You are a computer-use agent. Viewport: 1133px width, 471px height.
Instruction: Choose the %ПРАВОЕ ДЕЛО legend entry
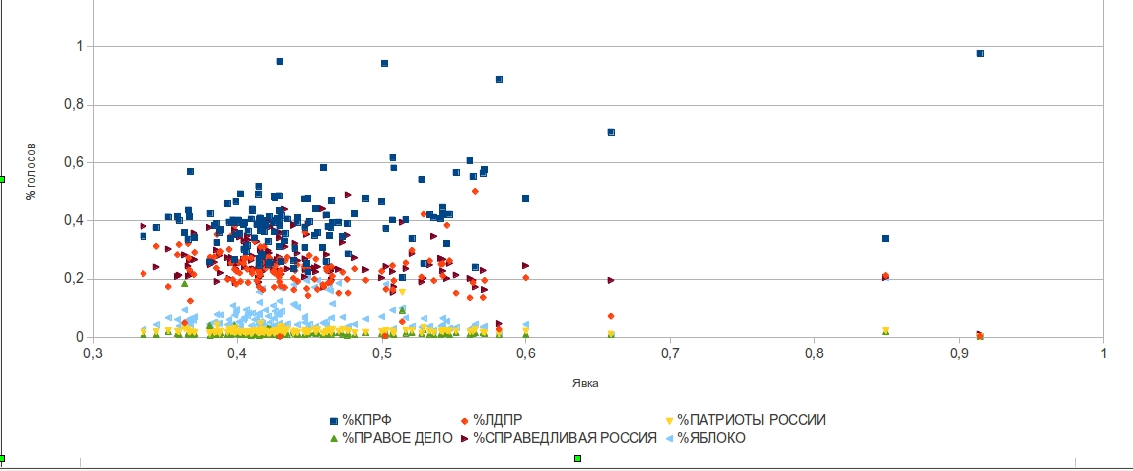[x=397, y=438]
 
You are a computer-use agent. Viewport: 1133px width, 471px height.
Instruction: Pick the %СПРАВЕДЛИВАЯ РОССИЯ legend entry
[x=564, y=438]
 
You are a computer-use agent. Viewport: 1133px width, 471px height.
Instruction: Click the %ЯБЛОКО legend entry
[x=710, y=438]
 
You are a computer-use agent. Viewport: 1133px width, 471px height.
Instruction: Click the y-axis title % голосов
[x=32, y=172]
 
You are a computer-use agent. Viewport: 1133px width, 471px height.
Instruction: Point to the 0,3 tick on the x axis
[x=93, y=353]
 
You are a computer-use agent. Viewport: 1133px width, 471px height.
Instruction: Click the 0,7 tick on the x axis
[x=671, y=353]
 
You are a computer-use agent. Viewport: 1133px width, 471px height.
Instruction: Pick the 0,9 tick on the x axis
[x=959, y=353]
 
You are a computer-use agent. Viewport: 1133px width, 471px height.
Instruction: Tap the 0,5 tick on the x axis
[x=382, y=353]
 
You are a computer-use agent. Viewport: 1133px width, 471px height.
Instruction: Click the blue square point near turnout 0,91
[x=980, y=53]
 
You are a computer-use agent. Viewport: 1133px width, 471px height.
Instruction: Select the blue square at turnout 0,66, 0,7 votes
[x=611, y=132]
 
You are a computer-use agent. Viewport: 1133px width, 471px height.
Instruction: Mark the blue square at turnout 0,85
[x=885, y=238]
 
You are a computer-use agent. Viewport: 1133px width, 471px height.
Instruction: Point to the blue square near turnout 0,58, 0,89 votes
[x=499, y=79]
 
